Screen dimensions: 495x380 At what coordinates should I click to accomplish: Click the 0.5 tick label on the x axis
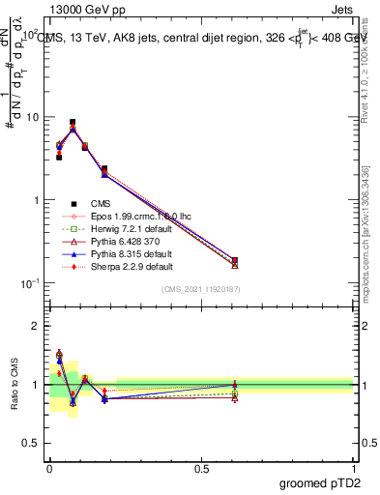(201, 467)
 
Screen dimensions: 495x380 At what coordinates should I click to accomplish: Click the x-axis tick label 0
(49, 467)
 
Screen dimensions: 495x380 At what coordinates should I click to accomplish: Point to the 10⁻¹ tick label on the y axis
(32, 283)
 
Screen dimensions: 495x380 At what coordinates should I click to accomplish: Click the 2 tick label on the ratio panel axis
(39, 326)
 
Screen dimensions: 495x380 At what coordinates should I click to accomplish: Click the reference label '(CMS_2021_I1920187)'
(200, 289)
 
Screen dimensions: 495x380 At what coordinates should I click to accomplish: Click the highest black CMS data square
(73, 123)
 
